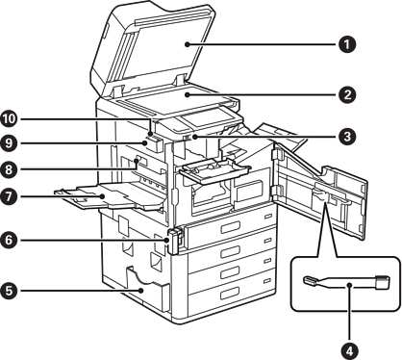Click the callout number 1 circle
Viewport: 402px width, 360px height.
(x=347, y=44)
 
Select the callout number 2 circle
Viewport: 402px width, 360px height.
(x=347, y=94)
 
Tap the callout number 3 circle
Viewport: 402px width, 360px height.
(x=347, y=137)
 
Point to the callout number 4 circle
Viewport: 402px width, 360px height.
(x=350, y=350)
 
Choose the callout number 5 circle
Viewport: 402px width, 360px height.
(x=9, y=291)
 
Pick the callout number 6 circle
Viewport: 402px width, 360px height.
(x=9, y=240)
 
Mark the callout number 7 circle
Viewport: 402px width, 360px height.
(x=9, y=195)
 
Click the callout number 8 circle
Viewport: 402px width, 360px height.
(x=9, y=169)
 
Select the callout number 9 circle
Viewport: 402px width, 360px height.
(x=9, y=142)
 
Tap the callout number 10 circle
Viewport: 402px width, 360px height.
(x=9, y=119)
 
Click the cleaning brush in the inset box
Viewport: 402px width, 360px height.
(x=346, y=282)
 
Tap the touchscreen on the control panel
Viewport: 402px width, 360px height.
(x=206, y=117)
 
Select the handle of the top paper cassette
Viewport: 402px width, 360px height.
(x=230, y=227)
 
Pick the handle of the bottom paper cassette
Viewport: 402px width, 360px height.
(x=230, y=293)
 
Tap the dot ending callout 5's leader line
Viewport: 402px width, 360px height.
(x=141, y=291)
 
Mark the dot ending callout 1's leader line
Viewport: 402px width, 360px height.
(x=188, y=44)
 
